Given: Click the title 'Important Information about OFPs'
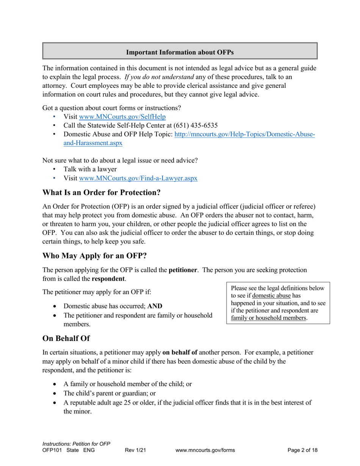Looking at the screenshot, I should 180,52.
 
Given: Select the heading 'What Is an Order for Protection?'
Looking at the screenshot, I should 102,192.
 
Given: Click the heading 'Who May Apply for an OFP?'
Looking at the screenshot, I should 94,256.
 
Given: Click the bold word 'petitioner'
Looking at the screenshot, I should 183,270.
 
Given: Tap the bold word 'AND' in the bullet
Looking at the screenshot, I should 155,306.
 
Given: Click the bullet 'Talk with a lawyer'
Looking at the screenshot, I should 90,169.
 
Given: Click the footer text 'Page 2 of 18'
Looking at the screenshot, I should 302,450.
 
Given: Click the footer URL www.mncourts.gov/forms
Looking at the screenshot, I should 205,450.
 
